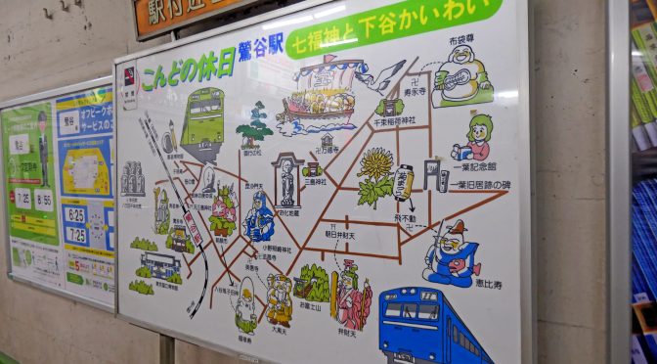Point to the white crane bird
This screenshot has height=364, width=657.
pyautogui.click(x=384, y=76)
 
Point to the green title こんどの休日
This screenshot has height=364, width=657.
pyautogui.click(x=186, y=68)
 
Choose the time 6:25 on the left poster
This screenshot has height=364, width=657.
pyautogui.click(x=76, y=212)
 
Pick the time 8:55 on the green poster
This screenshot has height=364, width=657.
pyautogui.click(x=44, y=200)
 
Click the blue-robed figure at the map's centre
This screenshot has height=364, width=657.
pyautogui.click(x=259, y=217)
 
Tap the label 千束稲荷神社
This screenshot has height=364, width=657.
pyautogui.click(x=394, y=120)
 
